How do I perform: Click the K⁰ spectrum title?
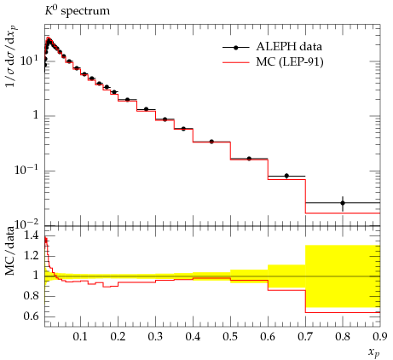pyautogui.click(x=78, y=11)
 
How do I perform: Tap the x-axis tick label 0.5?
pyautogui.click(x=230, y=336)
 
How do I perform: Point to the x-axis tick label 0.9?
pyautogui.click(x=380, y=336)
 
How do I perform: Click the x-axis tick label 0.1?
pyautogui.click(x=80, y=336)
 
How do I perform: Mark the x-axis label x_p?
pyautogui.click(x=374, y=352)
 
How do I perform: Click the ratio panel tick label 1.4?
pyautogui.click(x=32, y=235)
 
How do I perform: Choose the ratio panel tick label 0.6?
pyautogui.click(x=32, y=316)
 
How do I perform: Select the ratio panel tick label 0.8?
pyautogui.click(x=32, y=296)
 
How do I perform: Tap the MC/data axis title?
pyautogui.click(x=10, y=251)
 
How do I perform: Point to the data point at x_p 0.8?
pyautogui.click(x=343, y=203)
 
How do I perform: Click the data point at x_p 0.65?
pyautogui.click(x=286, y=176)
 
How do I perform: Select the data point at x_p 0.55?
pyautogui.click(x=249, y=159)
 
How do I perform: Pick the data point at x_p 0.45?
pyautogui.click(x=211, y=142)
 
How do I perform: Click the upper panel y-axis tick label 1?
pyautogui.click(x=36, y=115)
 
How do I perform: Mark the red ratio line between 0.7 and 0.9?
pyautogui.click(x=343, y=312)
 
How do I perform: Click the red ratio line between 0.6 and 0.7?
pyautogui.click(x=286, y=290)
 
